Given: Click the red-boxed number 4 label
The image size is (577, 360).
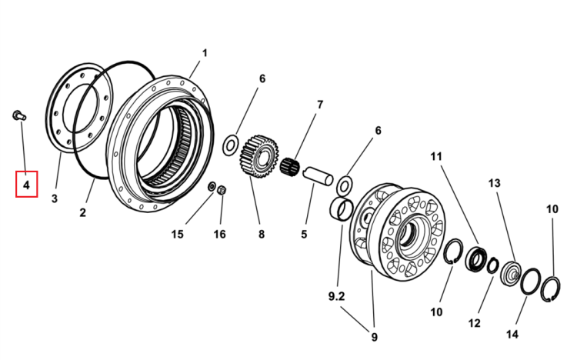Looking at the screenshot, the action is pyautogui.click(x=26, y=185).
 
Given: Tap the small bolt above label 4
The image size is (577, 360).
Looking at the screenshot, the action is pyautogui.click(x=19, y=115).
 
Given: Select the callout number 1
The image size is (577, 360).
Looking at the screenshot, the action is pyautogui.click(x=205, y=53).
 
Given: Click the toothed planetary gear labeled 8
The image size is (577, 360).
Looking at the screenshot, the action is pyautogui.click(x=259, y=156).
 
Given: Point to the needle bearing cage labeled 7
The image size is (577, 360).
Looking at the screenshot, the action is pyautogui.click(x=289, y=167).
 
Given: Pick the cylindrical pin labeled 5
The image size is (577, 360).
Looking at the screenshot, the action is pyautogui.click(x=318, y=176).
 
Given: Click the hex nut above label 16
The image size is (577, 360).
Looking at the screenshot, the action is pyautogui.click(x=222, y=190).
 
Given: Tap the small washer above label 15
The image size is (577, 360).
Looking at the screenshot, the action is pyautogui.click(x=212, y=186).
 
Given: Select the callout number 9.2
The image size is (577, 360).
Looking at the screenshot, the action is pyautogui.click(x=336, y=296).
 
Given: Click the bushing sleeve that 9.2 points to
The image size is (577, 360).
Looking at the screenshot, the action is pyautogui.click(x=341, y=209).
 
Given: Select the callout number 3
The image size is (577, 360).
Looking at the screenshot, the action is pyautogui.click(x=55, y=198).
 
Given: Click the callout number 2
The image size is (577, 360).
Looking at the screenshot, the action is pyautogui.click(x=83, y=212).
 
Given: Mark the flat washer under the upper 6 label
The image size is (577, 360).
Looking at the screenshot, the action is pyautogui.click(x=231, y=145).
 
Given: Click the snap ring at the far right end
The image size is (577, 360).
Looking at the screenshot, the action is pyautogui.click(x=551, y=289).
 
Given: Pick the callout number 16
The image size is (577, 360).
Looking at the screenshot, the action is pyautogui.click(x=220, y=234).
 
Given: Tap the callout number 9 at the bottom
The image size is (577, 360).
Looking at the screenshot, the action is pyautogui.click(x=374, y=337).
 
